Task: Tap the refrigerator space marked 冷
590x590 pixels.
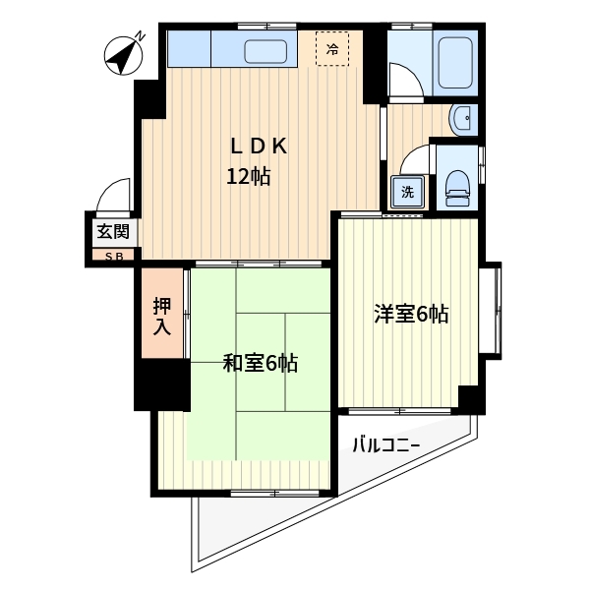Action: pyautogui.click(x=332, y=48)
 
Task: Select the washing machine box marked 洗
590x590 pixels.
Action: pyautogui.click(x=406, y=191)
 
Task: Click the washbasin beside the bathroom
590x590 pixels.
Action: pyautogui.click(x=463, y=120)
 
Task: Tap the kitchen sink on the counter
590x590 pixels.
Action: pyautogui.click(x=263, y=51)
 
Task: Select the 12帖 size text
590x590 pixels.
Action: pyautogui.click(x=249, y=178)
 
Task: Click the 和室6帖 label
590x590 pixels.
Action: pyautogui.click(x=261, y=364)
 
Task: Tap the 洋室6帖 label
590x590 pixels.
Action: pyautogui.click(x=410, y=315)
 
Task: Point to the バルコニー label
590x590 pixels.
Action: pyautogui.click(x=386, y=446)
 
